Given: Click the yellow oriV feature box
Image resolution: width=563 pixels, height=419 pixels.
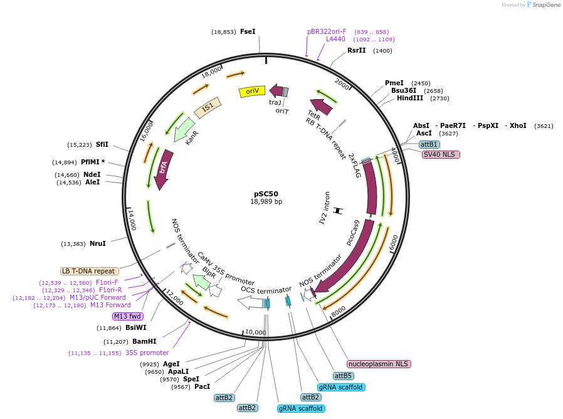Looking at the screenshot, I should click(x=253, y=92).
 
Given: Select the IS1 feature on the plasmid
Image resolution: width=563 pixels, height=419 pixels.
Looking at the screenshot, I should click(x=208, y=107).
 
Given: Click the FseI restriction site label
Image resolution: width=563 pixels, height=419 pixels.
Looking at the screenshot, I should click(x=248, y=31).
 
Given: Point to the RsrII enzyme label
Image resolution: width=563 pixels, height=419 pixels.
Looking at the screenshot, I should click(x=357, y=51).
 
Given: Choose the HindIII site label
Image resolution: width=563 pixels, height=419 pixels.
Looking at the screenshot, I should click(x=410, y=98).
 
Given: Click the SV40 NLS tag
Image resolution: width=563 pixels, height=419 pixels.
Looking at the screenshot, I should click(x=441, y=154).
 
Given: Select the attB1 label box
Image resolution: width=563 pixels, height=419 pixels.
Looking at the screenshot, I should click(x=429, y=144).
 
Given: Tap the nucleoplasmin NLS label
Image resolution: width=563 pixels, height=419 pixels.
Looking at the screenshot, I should click(x=379, y=364).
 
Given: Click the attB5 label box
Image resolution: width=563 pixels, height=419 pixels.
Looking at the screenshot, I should click(x=343, y=376).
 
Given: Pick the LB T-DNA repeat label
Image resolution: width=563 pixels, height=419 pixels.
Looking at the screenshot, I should click(x=88, y=271).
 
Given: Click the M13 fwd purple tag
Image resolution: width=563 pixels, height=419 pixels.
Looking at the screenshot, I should click(x=128, y=316).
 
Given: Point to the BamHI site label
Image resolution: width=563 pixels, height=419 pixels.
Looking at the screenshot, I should click(x=144, y=342).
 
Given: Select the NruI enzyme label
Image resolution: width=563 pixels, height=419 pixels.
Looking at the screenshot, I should click(x=98, y=243).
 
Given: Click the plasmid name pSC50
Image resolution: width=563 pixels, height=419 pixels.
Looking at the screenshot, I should click(x=266, y=194).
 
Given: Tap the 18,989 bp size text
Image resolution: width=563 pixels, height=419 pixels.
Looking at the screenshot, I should click(x=266, y=202).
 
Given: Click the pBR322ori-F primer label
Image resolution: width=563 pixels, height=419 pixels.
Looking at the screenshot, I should click(x=327, y=31).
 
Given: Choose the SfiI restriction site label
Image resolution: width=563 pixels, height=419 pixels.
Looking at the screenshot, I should click(x=102, y=145).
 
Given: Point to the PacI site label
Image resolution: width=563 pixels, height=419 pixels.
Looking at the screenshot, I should click(x=203, y=387).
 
